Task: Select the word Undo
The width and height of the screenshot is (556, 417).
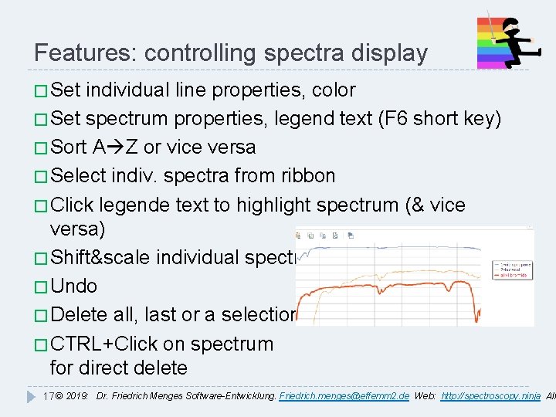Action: pos(73,286)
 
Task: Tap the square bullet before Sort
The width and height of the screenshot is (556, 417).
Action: pos(40,147)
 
